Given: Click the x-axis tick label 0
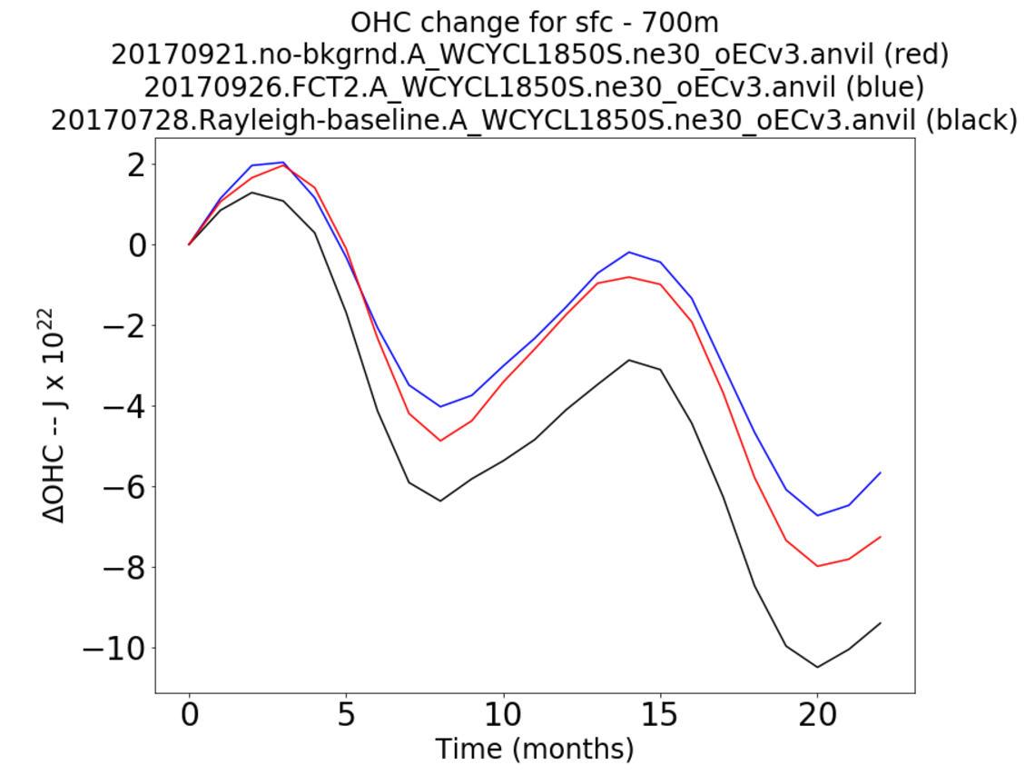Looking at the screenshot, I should pyautogui.click(x=189, y=717).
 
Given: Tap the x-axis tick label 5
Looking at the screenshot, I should pyautogui.click(x=346, y=717).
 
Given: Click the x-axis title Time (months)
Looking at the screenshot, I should pyautogui.click(x=534, y=750).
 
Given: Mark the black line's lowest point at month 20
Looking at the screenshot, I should pyautogui.click(x=817, y=668).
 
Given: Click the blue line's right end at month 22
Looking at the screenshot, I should pyautogui.click(x=881, y=472).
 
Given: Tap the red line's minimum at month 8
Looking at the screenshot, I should pyautogui.click(x=440, y=441).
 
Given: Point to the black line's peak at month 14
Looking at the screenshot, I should pyautogui.click(x=628, y=360).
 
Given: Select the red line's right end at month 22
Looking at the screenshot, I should pyautogui.click(x=881, y=537).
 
